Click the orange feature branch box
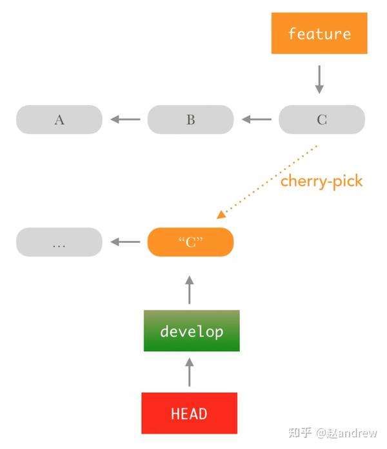319,33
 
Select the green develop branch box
192,331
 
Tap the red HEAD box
189,413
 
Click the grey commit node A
59,120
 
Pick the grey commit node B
190,120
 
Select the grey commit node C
321,120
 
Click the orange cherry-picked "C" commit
190,242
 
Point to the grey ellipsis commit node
59,242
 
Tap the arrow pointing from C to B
256,119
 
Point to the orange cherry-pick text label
321,181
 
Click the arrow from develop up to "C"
189,290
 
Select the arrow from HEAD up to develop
189,372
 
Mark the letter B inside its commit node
190,120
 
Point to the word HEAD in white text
189,414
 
